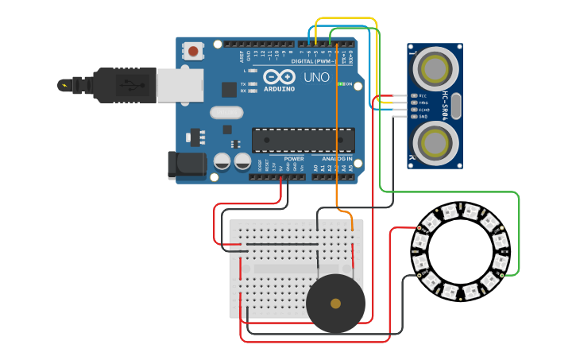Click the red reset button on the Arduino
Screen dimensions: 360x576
tap(193, 52)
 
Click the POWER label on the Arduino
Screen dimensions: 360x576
tap(293, 159)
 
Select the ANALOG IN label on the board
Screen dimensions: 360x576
tap(338, 159)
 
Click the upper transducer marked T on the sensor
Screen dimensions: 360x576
tap(435, 68)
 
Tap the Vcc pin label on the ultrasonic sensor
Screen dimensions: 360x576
tap(423, 96)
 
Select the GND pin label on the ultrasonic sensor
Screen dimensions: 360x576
tap(423, 116)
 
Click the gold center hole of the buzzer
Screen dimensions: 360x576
tap(335, 303)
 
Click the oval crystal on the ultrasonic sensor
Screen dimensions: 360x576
tap(457, 106)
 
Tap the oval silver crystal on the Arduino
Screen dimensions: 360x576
tap(226, 113)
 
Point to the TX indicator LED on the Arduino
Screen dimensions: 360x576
tap(253, 83)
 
